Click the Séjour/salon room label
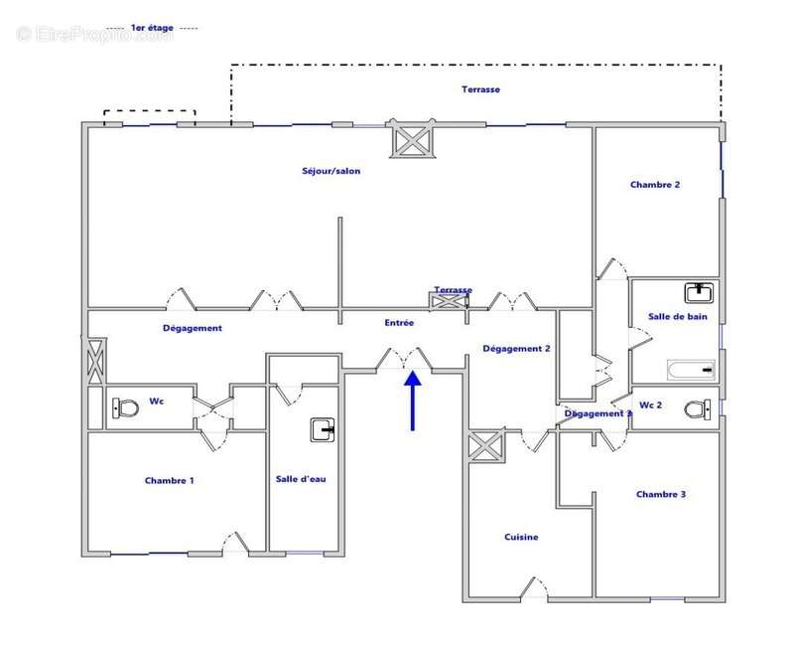pos(331,171)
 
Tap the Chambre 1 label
pos(169,481)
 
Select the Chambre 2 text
pos(654,185)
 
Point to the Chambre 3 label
pos(661,494)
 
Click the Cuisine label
pos(521,538)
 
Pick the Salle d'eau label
pos(301,479)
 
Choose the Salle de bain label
pos(678,315)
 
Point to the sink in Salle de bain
pos(699,291)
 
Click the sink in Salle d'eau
pos(324,429)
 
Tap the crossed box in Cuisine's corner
pos(486,446)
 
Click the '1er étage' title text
pos(152,29)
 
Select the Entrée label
pos(399,323)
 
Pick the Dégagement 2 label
pos(516,349)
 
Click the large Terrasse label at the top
pos(480,89)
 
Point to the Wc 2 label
pos(651,405)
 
